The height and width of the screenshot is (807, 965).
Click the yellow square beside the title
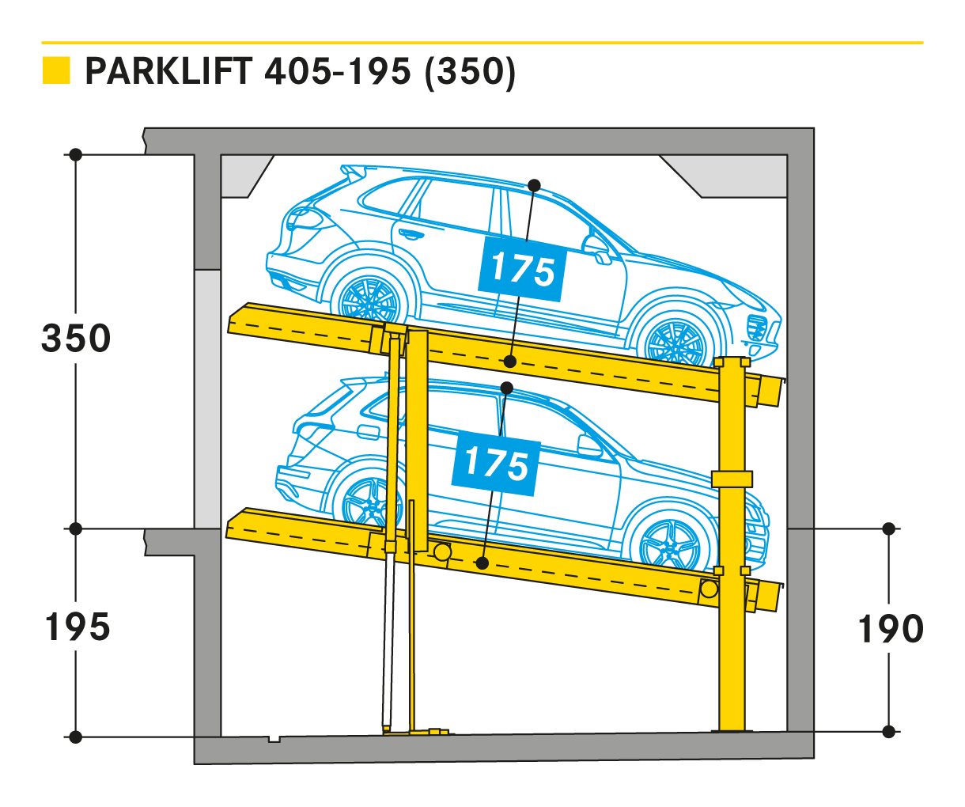point(56,70)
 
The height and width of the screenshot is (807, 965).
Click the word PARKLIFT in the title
point(169,71)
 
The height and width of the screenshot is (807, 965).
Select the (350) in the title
point(470,73)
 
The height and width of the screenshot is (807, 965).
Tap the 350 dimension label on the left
point(76,339)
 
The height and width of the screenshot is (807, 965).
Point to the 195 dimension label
point(78,627)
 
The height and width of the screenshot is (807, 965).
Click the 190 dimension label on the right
point(890,629)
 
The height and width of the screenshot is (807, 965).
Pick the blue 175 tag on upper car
point(522,269)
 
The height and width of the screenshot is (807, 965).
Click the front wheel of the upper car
point(675,341)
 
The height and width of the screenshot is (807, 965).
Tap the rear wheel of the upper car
point(369,300)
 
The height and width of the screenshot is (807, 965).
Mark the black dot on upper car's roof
point(534,186)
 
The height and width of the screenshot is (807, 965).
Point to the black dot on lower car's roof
point(507,388)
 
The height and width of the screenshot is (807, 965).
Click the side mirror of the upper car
point(596,248)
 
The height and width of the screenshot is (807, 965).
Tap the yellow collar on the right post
point(732,479)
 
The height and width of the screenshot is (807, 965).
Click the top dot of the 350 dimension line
point(76,154)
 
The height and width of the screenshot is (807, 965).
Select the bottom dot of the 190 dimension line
point(889,732)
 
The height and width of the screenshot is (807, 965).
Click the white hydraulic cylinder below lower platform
point(388,639)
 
